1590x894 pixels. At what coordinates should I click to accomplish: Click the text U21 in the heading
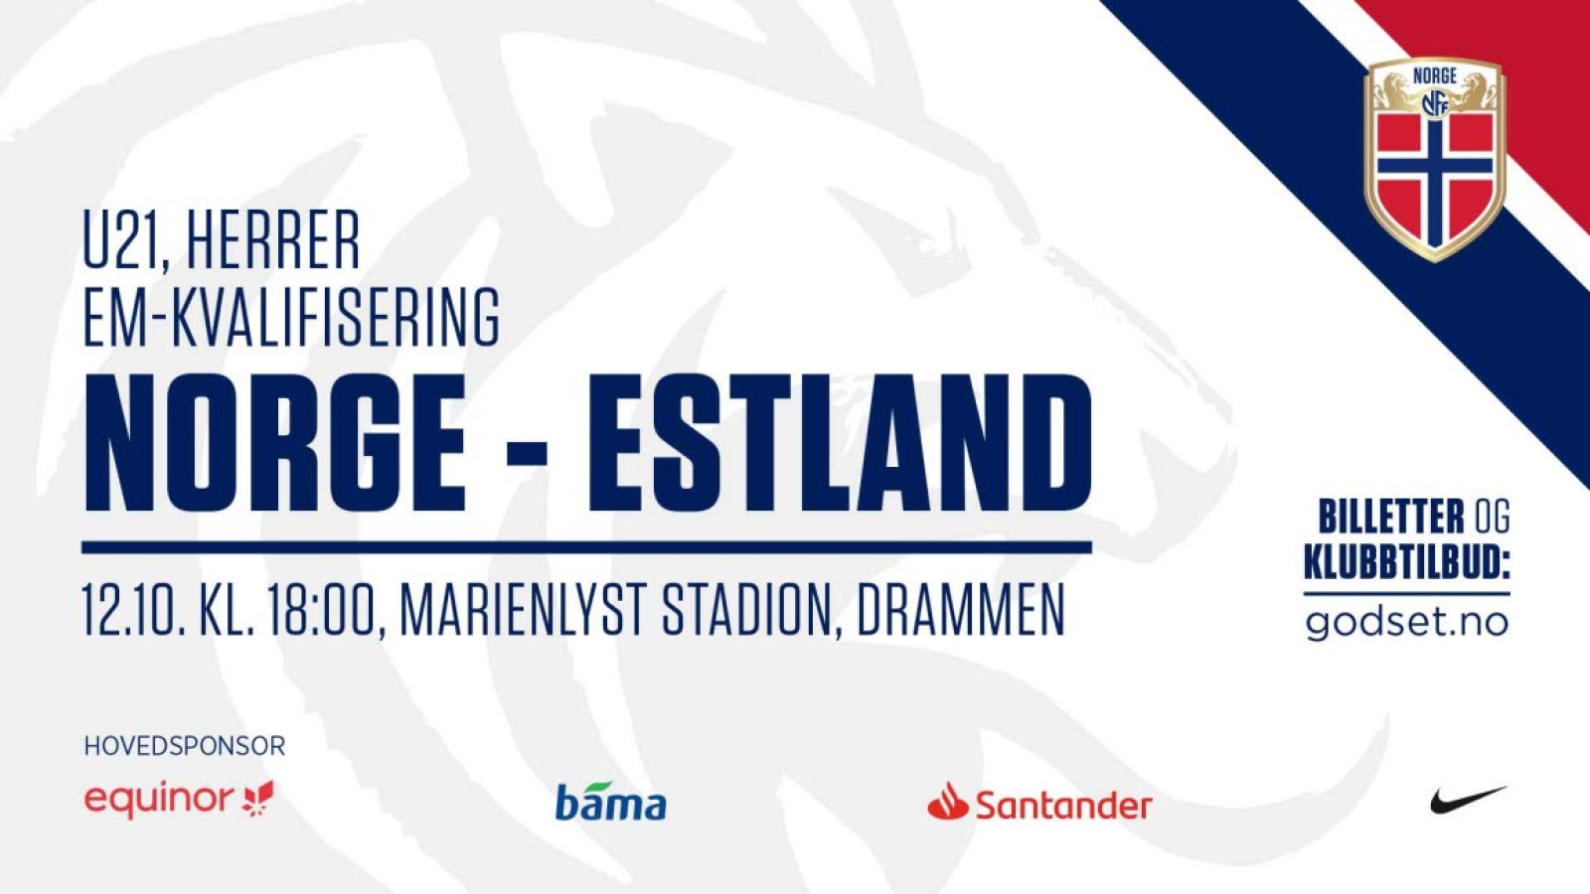pos(125,238)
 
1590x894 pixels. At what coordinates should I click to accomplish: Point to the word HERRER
pos(274,238)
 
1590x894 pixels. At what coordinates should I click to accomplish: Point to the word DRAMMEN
pos(961,610)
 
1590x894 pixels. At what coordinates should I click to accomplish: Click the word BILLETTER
pos(1391,517)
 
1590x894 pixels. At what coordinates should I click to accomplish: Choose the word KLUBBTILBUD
pos(1407,563)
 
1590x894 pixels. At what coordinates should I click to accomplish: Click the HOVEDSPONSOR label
pos(185,746)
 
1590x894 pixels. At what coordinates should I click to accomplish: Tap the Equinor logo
pos(179,801)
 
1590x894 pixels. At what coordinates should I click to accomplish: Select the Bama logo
pos(610,801)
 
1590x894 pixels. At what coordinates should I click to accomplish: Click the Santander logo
pos(1039,802)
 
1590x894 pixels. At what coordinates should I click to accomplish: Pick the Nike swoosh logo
pos(1467,801)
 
